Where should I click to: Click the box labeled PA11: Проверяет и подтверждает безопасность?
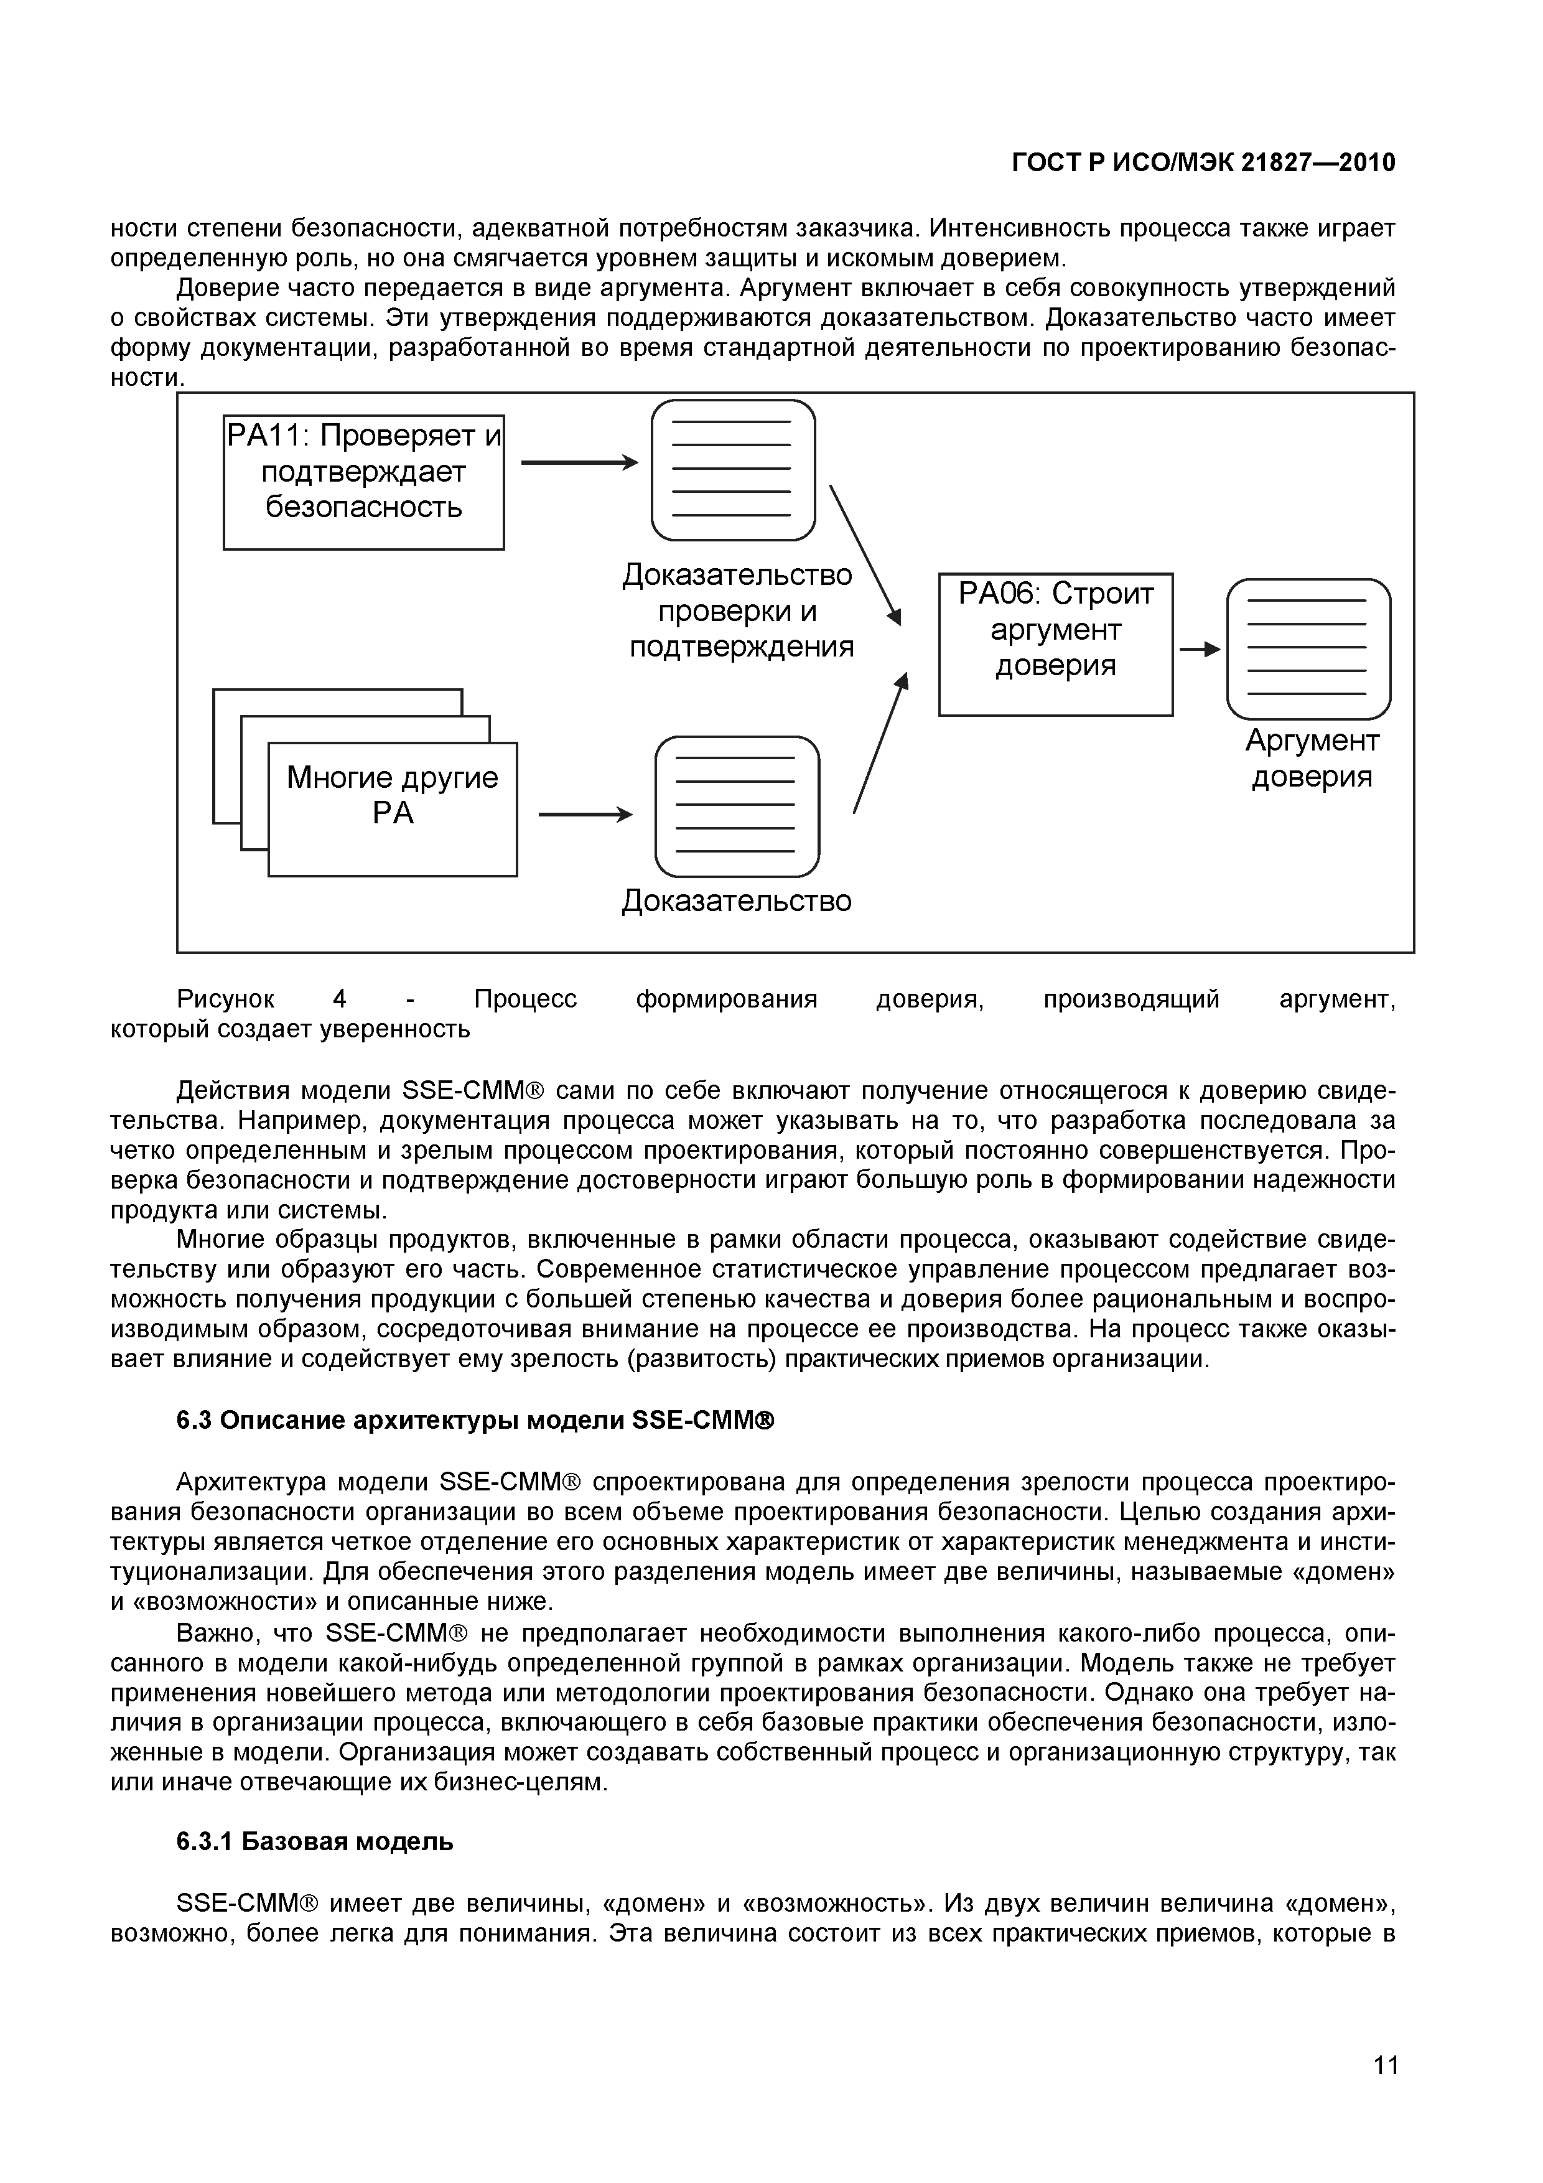(363, 482)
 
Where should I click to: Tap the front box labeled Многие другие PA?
(393, 808)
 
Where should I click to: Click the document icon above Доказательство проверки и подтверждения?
(733, 470)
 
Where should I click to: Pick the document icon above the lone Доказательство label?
(737, 806)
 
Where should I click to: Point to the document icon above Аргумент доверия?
(1308, 648)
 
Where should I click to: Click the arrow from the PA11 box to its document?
(578, 462)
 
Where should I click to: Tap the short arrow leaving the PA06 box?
(1199, 650)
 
